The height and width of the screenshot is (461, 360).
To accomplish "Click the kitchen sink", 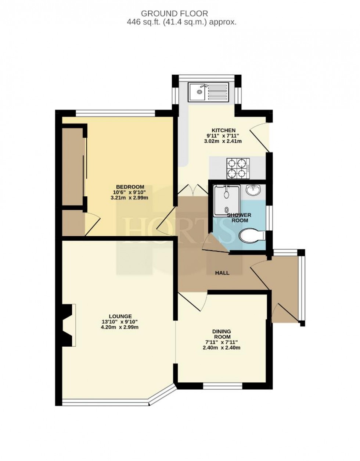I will pyautogui.click(x=208, y=92).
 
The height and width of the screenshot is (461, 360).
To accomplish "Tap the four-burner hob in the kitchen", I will pyautogui.click(x=237, y=168).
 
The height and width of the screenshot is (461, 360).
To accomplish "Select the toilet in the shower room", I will pyautogui.click(x=252, y=236).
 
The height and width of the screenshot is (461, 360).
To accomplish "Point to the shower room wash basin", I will pyautogui.click(x=254, y=190).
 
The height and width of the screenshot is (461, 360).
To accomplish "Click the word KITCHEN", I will pyautogui.click(x=223, y=130).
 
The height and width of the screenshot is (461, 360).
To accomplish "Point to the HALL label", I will pyautogui.click(x=222, y=273).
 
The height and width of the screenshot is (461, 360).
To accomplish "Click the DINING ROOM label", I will pyautogui.click(x=222, y=334).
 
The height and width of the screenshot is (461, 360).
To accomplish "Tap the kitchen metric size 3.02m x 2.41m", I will pyautogui.click(x=223, y=141).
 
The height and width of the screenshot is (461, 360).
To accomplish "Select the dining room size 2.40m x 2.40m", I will pyautogui.click(x=222, y=348).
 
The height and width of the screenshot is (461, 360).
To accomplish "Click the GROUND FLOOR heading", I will pyautogui.click(x=174, y=14).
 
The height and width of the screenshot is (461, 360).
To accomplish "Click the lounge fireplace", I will pyautogui.click(x=69, y=325).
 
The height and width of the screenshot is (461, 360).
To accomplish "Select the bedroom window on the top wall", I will pyautogui.click(x=116, y=113).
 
